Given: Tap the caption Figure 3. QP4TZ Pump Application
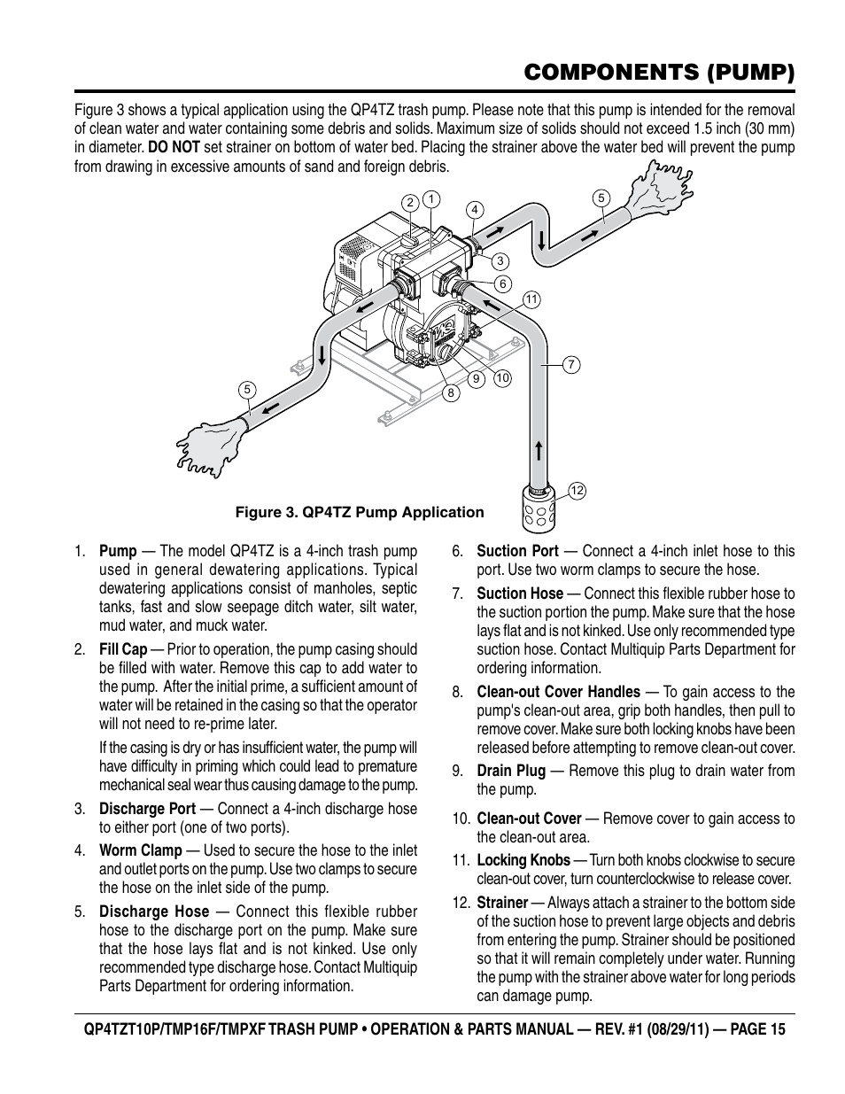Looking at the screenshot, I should click(x=359, y=512).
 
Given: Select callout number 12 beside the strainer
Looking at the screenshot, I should click(x=577, y=490).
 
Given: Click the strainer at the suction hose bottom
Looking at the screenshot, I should click(x=538, y=508).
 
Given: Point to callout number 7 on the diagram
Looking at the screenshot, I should click(x=571, y=364).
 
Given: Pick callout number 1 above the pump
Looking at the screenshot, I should click(x=430, y=198).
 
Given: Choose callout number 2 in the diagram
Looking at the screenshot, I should click(x=410, y=203).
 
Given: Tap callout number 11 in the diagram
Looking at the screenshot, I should click(x=531, y=299).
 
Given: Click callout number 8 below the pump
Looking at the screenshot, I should click(x=451, y=392).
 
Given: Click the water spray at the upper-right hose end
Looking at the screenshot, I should click(x=659, y=190).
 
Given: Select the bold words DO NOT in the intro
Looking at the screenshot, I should click(x=173, y=147).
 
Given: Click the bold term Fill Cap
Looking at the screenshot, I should click(x=123, y=649).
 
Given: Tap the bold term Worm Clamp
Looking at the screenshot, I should click(x=140, y=850).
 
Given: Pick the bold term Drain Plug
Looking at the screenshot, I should click(x=511, y=771).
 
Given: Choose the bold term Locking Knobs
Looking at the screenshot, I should click(x=523, y=860).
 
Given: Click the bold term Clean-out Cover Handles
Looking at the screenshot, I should click(x=558, y=692).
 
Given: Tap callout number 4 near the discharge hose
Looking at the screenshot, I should click(x=476, y=210).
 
